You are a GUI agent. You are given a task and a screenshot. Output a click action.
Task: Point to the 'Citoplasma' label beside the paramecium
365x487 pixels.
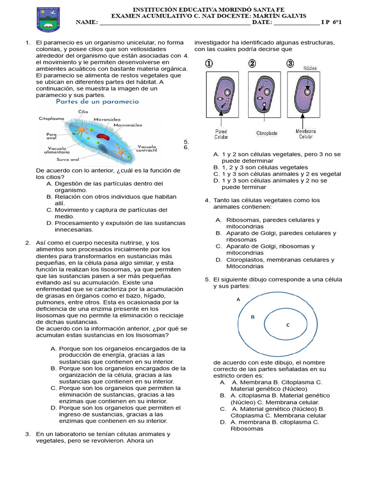tap(52, 118)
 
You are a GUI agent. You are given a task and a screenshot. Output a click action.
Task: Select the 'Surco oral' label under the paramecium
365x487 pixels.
tap(67, 159)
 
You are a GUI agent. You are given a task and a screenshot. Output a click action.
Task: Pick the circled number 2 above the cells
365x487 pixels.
tap(252, 64)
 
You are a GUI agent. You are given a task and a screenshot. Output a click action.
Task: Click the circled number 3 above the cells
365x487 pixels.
tap(290, 64)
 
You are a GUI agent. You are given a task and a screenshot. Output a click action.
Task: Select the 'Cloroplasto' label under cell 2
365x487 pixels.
tap(267, 134)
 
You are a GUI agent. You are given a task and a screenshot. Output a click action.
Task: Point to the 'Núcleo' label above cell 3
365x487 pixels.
tap(310, 68)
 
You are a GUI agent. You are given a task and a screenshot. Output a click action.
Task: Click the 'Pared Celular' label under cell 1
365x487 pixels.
tap(221, 134)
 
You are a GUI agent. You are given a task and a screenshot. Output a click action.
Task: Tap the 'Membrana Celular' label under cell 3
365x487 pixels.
tap(306, 134)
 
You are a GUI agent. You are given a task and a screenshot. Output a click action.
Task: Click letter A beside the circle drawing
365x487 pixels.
tap(238, 300)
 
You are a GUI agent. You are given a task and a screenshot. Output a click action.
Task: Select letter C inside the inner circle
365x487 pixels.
tap(288, 325)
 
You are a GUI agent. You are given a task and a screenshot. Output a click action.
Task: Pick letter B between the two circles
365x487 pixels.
tap(253, 317)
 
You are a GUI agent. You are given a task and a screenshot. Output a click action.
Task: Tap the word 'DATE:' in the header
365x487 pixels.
tap(262, 22)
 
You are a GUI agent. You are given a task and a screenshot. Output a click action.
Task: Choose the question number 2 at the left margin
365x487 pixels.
tap(28, 243)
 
